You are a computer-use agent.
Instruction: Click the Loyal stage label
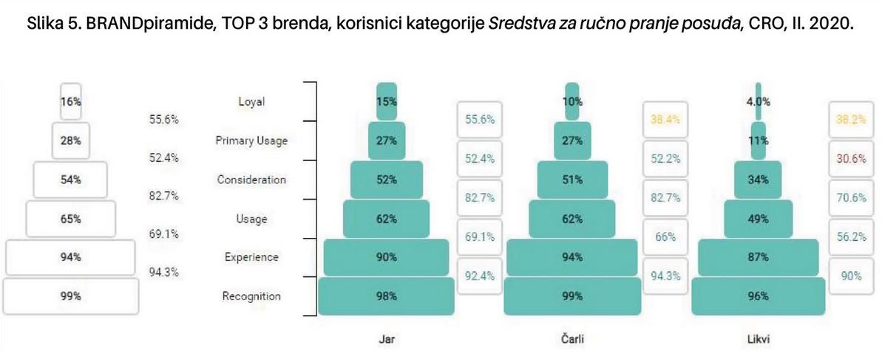point(251,103)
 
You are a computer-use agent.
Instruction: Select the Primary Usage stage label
point(251,141)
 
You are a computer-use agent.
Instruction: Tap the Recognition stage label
point(251,296)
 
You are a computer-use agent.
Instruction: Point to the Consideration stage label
point(251,180)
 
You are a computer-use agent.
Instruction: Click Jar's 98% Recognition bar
point(386,296)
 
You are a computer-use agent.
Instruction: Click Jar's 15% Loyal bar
point(386,102)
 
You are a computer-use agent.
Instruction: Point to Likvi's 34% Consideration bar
point(758,180)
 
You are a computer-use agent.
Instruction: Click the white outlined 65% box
point(71,219)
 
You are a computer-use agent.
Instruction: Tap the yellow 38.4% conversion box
point(665,119)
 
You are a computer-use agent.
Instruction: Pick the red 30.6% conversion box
point(851,158)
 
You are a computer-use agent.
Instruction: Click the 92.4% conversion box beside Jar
point(479,276)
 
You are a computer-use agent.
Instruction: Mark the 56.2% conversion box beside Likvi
point(851,237)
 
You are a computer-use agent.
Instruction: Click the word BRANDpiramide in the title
point(131,23)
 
